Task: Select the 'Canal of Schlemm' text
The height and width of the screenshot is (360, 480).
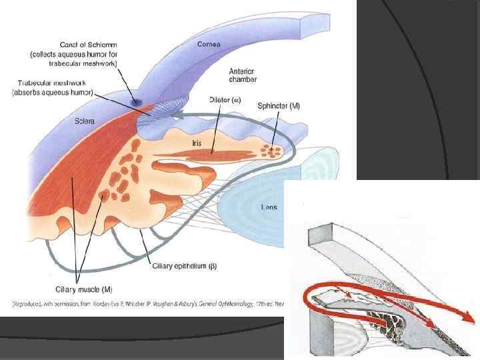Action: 73,45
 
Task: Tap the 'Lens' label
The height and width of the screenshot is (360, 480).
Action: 268,207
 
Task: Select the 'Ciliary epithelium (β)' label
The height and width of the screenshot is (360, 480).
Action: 184,266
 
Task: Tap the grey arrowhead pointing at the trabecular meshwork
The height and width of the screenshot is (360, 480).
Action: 172,116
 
